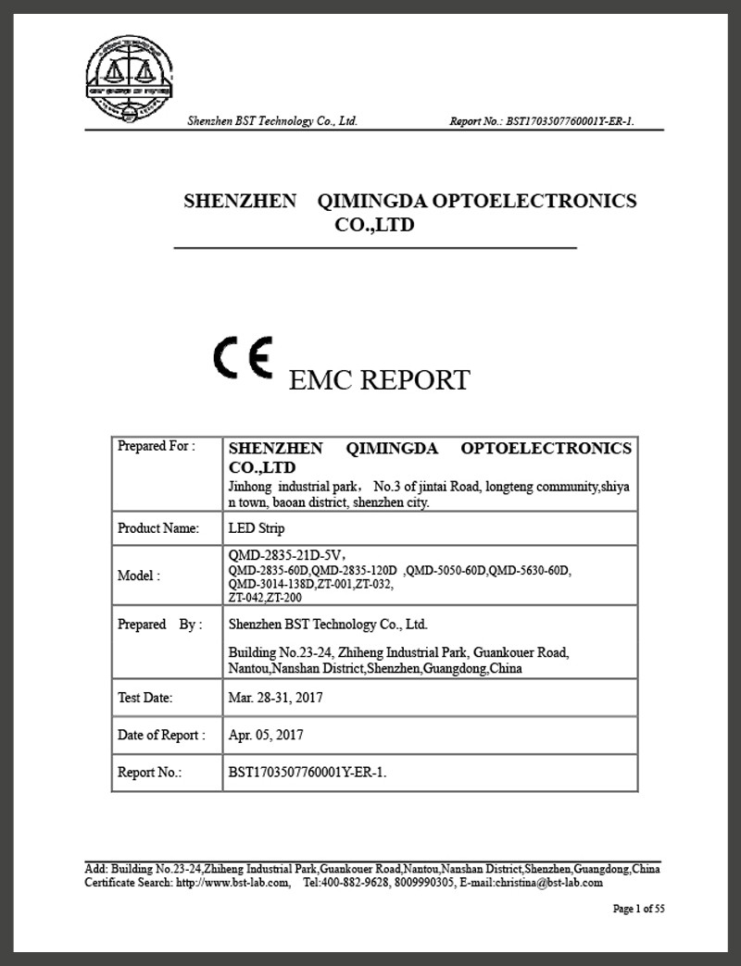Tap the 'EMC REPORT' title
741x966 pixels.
point(380,379)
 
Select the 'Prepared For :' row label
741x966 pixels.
point(157,446)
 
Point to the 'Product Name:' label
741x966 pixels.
point(158,528)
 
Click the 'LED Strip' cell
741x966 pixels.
point(257,528)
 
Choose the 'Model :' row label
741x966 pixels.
point(139,576)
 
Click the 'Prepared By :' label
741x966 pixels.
point(158,625)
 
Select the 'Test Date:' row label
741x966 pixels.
point(145,698)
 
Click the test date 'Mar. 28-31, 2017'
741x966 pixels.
point(276,698)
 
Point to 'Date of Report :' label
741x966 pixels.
point(161,735)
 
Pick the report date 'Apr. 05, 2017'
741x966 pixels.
point(266,735)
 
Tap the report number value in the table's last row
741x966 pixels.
point(307,772)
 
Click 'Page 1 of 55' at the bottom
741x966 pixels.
point(639,909)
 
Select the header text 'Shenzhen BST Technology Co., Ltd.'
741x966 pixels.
point(272,121)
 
